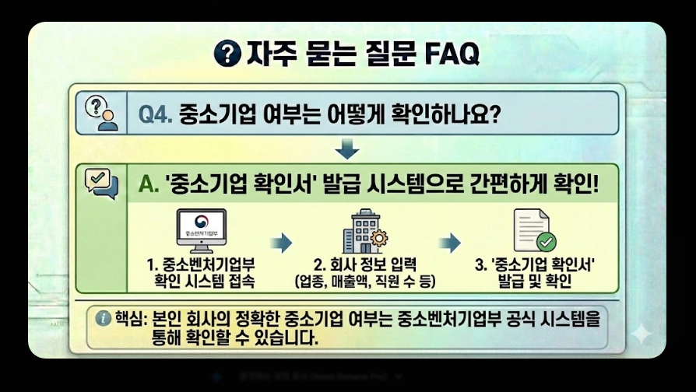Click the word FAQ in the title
452,54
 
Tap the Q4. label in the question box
156,114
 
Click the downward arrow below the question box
347,148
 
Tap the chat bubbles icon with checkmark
100,184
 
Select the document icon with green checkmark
533,231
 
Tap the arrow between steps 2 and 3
450,243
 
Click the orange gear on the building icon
379,237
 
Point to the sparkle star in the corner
641,334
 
